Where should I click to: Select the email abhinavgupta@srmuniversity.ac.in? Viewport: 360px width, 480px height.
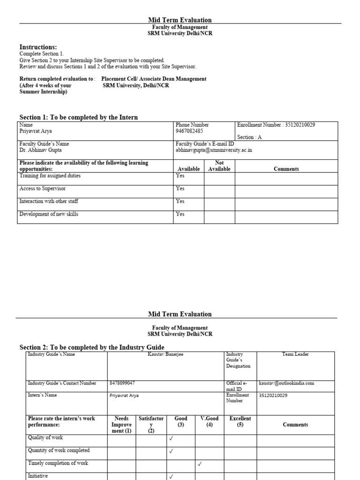[x=214, y=150]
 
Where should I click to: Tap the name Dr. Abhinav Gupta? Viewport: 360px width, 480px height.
[x=40, y=150]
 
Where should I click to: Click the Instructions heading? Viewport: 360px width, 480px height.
[x=38, y=47]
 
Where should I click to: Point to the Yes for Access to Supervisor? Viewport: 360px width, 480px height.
[x=180, y=188]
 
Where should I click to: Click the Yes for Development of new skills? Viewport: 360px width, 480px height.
[x=180, y=214]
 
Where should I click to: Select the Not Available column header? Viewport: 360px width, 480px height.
[x=219, y=166]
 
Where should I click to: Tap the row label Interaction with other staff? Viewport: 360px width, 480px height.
[x=49, y=201]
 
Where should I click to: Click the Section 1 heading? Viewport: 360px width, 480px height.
[x=78, y=117]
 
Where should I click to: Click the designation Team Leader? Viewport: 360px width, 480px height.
[x=295, y=354]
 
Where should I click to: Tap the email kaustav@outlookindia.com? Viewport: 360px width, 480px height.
[x=286, y=383]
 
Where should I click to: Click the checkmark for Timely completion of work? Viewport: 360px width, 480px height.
[x=200, y=464]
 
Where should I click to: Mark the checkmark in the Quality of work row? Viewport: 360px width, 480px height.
[x=171, y=439]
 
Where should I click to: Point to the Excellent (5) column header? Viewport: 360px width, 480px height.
[x=240, y=421]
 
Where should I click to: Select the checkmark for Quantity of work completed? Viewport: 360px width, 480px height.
[x=171, y=451]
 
